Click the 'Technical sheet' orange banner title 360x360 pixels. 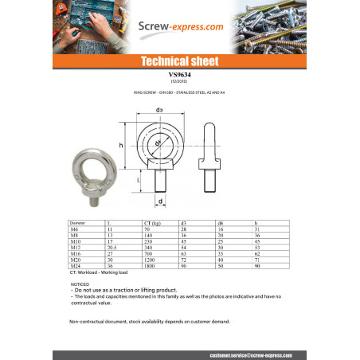coord(179,61)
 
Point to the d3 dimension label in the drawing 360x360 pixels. coord(160,108)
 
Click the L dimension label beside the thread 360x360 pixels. coord(139,181)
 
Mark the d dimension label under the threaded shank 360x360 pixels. coord(160,202)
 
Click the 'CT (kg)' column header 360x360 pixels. coord(151,222)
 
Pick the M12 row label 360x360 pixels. coord(76,247)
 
